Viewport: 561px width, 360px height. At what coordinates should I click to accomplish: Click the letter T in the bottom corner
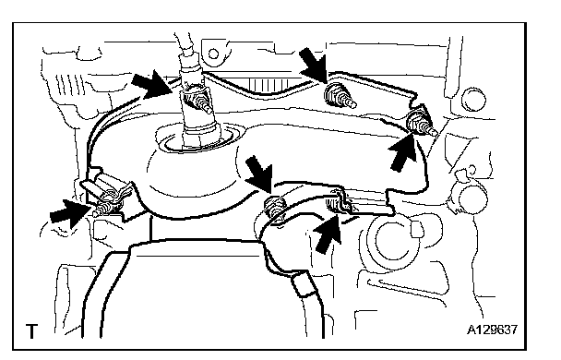[x=31, y=331]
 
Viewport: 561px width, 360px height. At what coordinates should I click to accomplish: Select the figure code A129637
[x=492, y=330]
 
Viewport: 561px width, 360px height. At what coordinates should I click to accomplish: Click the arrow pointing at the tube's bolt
[x=152, y=84]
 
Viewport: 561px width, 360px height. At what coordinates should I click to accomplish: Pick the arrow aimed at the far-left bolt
[x=70, y=213]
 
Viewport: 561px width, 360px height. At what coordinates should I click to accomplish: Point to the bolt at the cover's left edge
[x=105, y=209]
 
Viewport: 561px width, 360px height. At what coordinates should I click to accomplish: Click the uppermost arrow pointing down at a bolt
[x=313, y=66]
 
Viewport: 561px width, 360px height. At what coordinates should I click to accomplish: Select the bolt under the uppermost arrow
[x=338, y=96]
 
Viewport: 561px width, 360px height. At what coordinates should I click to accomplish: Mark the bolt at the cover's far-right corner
[x=422, y=124]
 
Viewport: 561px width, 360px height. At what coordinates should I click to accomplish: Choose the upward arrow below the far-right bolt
[x=402, y=151]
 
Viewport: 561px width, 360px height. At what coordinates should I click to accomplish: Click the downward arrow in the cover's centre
[x=259, y=173]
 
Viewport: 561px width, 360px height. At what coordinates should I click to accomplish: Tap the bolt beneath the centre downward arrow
[x=275, y=208]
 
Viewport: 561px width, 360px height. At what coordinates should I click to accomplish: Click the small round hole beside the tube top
[x=213, y=54]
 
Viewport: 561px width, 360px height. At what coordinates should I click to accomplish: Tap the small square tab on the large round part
[x=417, y=229]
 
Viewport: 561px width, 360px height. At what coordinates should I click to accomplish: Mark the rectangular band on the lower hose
[x=304, y=283]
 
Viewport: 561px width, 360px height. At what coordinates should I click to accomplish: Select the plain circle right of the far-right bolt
[x=473, y=99]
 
